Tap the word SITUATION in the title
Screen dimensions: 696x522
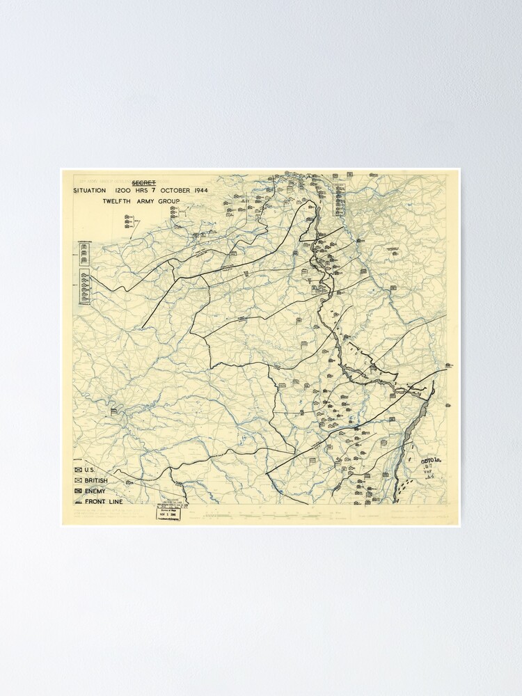tap(90, 190)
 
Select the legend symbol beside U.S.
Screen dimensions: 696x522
tap(77, 470)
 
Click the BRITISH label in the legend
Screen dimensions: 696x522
tap(96, 480)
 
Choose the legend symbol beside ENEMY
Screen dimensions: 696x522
tap(77, 491)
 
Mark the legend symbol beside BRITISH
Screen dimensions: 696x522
tap(77, 480)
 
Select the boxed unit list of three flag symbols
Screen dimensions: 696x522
tap(84, 255)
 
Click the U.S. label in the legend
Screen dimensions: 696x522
tap(90, 470)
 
